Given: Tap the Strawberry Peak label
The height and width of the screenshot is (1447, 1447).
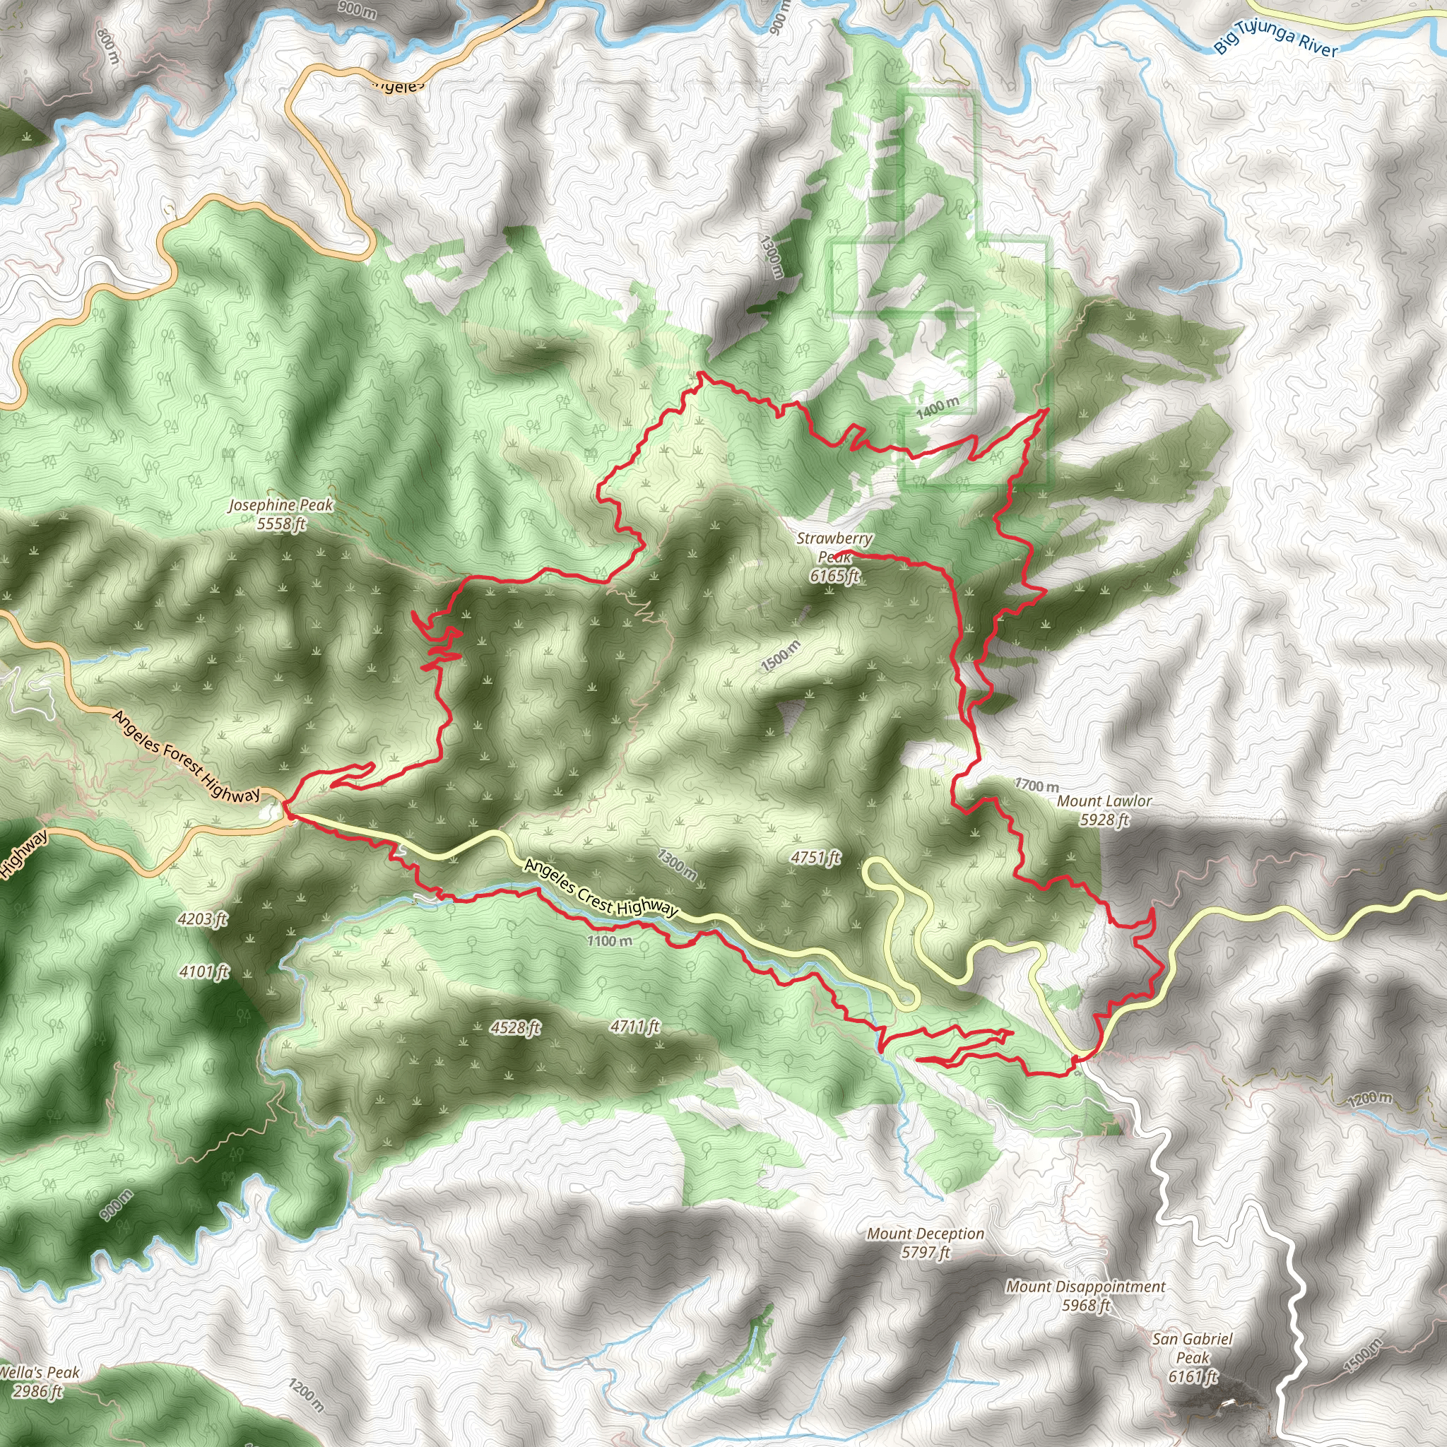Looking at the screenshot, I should click(x=834, y=557).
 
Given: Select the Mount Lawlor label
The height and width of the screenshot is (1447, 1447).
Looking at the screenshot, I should click(x=1104, y=810).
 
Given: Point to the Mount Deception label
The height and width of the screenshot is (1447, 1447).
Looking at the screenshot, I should click(x=926, y=1243).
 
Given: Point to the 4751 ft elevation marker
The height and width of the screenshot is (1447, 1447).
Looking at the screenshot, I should click(x=815, y=858).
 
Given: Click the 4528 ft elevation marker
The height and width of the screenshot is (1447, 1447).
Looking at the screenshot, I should click(x=515, y=1027).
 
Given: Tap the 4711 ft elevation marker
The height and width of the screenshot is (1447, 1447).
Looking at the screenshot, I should click(x=635, y=1026).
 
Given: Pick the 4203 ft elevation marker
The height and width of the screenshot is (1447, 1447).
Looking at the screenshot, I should click(x=203, y=919).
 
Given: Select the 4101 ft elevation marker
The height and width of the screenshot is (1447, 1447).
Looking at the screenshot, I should click(x=204, y=972).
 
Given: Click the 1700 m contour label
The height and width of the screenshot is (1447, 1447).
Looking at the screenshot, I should click(x=1036, y=786).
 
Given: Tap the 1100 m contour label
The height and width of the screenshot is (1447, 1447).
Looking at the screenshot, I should click(x=610, y=940).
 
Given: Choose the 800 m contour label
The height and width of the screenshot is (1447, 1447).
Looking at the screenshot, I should click(x=108, y=47).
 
